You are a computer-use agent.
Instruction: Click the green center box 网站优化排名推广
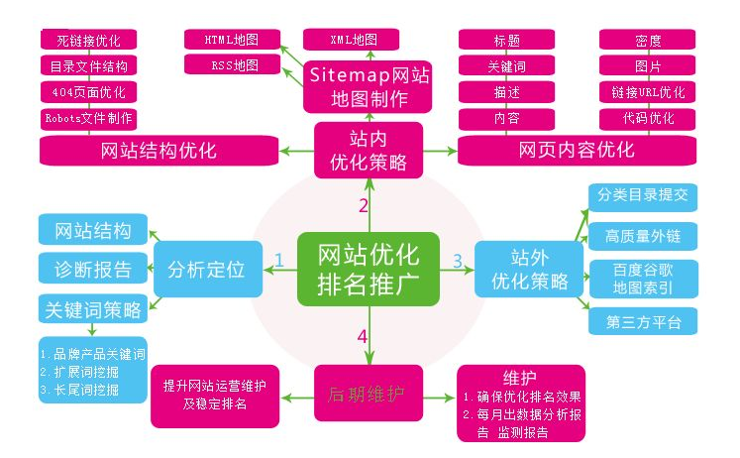point(369,267)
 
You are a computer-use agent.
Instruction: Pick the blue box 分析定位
point(207,269)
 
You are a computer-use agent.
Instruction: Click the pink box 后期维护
point(369,394)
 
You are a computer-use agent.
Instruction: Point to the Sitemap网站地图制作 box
point(369,86)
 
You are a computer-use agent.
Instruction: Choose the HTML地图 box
point(232,40)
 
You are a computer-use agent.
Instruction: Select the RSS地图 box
point(232,65)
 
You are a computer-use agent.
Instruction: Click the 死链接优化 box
point(88,41)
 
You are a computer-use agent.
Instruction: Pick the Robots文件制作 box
point(88,118)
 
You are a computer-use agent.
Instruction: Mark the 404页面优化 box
point(88,92)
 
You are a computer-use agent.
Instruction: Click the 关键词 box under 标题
point(506,66)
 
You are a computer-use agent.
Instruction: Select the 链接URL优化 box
point(648,92)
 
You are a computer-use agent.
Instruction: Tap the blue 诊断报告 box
point(93,268)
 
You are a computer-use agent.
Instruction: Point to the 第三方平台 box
point(643,322)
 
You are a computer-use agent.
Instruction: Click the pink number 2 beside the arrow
point(364,206)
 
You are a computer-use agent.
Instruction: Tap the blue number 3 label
point(458,261)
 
